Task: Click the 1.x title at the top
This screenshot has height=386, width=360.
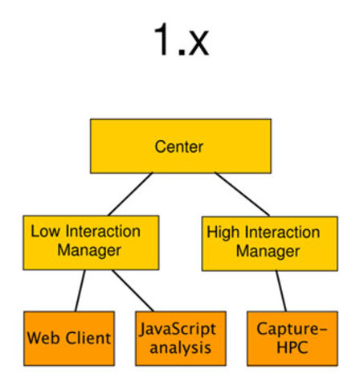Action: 180,41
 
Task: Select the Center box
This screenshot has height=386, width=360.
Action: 179,146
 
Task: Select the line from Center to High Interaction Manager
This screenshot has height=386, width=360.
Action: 240,193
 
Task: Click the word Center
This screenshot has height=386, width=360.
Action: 178,146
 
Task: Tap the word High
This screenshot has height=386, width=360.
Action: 223,232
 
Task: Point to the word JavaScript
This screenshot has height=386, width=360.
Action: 174,329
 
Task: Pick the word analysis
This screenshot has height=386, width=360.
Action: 174,347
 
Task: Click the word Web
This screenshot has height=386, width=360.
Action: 41,339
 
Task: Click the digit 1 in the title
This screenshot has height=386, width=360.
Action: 162,41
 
